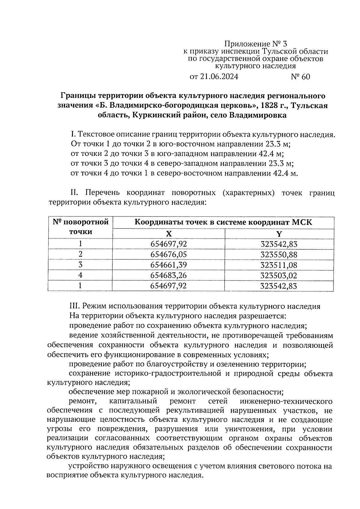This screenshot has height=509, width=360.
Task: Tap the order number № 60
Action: (x=300, y=77)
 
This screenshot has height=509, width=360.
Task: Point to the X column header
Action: (x=169, y=234)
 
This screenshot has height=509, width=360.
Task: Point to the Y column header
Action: (x=279, y=234)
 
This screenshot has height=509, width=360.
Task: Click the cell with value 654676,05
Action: (x=169, y=255)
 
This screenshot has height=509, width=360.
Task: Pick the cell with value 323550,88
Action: (x=279, y=255)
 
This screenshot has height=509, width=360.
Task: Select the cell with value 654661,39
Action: (x=169, y=265)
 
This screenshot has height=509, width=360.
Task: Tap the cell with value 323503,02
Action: (x=279, y=276)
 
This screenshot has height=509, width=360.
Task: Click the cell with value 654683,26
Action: (x=169, y=276)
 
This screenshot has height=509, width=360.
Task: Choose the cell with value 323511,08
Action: (x=279, y=265)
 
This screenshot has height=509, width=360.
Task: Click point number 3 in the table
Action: (x=80, y=265)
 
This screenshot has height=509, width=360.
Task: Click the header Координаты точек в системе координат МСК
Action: (x=223, y=222)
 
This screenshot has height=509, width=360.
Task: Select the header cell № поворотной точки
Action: (x=80, y=227)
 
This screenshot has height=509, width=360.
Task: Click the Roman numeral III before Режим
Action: (x=74, y=306)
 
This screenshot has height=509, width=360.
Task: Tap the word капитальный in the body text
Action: (x=133, y=401)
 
